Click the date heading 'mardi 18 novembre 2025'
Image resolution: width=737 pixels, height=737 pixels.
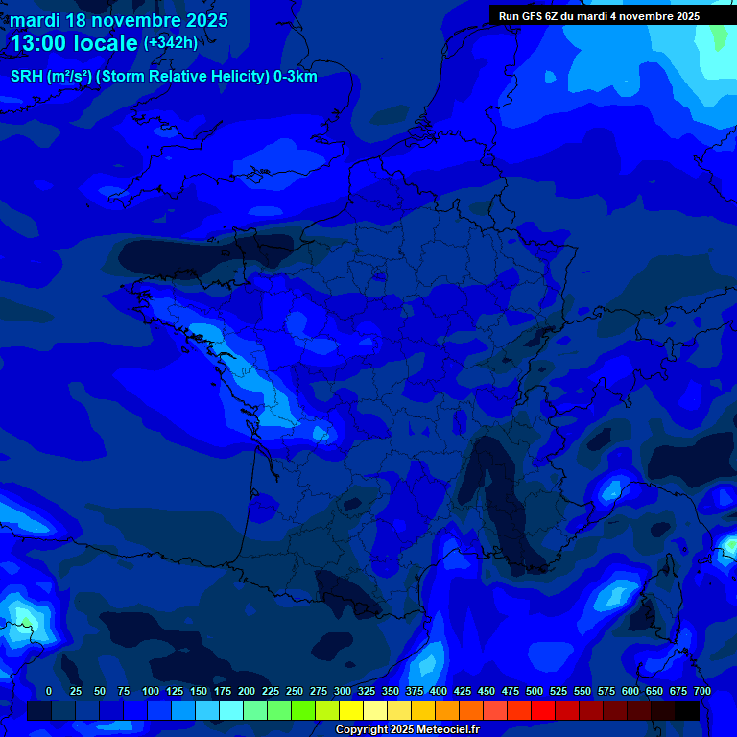point(119,20)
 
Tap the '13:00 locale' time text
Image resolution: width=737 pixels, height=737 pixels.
point(74,43)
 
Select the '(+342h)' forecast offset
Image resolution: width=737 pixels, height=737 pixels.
point(171,43)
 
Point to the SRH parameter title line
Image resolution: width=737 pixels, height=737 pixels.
point(163,77)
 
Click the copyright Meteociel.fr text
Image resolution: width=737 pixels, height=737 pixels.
point(407,730)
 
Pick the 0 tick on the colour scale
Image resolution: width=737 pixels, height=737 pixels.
point(49,692)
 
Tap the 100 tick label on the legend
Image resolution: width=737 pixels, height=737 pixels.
point(151,692)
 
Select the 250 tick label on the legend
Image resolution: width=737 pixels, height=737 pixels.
point(295,692)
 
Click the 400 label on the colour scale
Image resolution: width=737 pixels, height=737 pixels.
point(439,692)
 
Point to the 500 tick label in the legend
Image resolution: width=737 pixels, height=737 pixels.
point(535,692)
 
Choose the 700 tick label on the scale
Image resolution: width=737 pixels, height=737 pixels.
point(701,692)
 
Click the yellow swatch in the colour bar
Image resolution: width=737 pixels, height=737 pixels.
point(351,710)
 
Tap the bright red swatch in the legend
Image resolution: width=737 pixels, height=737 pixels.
point(543,710)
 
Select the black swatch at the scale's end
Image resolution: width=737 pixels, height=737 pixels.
point(687,710)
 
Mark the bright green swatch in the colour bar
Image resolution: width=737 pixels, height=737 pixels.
point(303,710)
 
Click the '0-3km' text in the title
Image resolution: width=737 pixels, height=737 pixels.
point(296,77)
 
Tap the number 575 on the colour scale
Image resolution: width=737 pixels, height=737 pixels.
point(606,692)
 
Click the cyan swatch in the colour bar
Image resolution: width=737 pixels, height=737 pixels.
point(231,710)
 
